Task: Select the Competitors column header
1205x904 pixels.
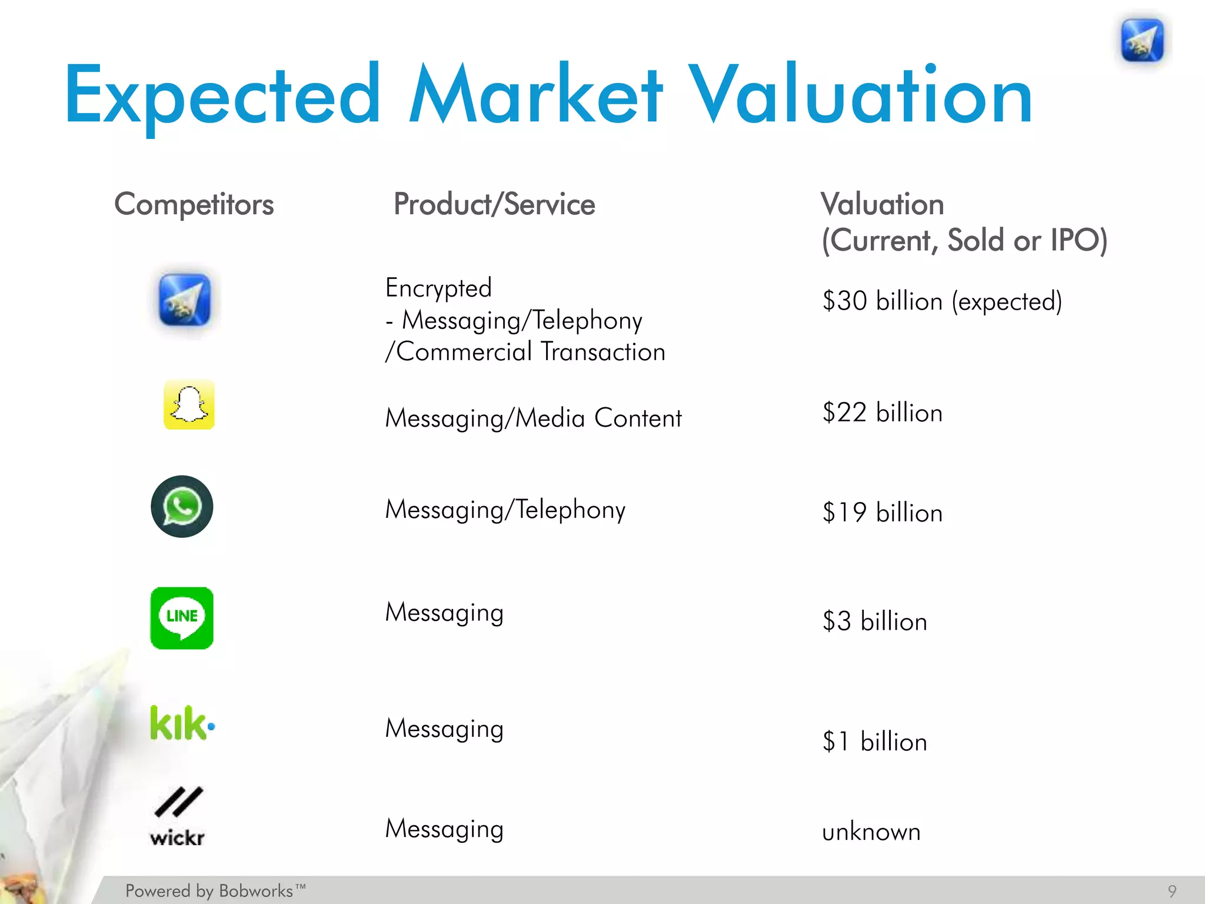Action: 194,204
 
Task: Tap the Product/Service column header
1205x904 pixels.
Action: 494,204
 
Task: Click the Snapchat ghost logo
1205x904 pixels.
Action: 189,405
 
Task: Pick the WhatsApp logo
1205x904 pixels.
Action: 182,507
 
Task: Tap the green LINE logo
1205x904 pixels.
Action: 182,618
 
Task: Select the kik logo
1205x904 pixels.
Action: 182,723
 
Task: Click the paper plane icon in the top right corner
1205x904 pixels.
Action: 1142,40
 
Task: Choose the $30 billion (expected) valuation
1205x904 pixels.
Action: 942,301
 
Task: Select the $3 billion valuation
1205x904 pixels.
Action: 875,621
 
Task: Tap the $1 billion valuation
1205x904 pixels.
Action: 875,742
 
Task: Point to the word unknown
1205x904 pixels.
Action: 871,832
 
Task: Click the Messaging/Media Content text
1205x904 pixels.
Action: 533,418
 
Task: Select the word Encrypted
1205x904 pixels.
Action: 438,288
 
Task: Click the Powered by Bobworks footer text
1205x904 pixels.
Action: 215,891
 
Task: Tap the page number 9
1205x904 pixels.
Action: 1172,891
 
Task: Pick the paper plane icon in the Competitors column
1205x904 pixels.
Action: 185,300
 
